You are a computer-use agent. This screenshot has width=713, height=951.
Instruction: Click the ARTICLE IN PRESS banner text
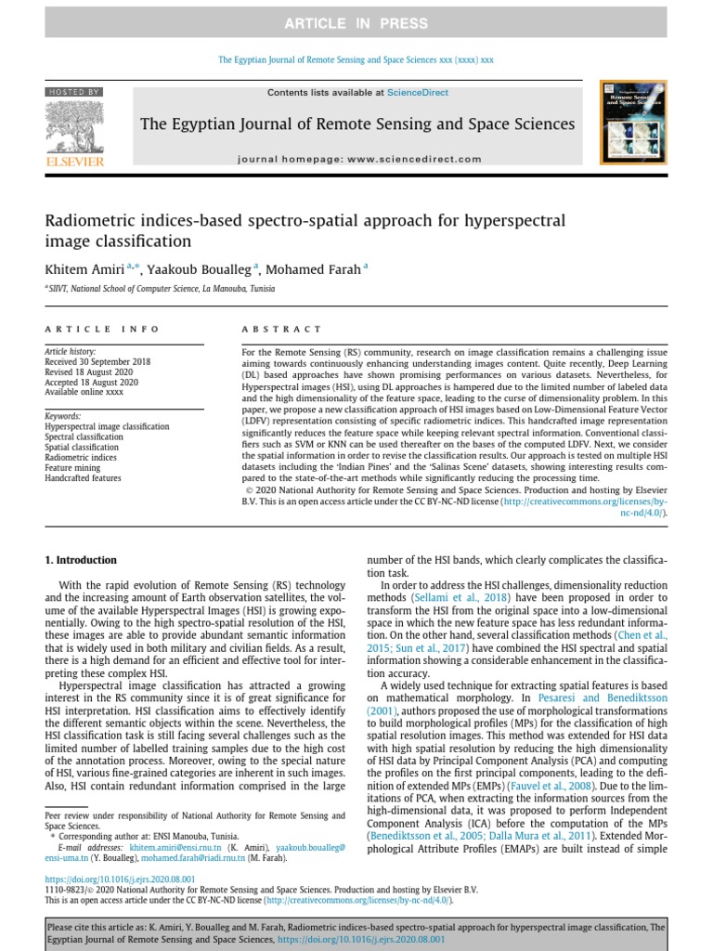click(x=356, y=23)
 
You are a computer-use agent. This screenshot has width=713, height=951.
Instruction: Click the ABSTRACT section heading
click(x=281, y=329)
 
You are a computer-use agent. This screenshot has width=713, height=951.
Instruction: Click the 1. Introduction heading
click(x=82, y=560)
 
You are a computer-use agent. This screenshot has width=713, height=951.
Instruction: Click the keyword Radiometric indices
click(x=81, y=458)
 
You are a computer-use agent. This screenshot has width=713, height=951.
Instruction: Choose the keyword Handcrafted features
click(x=83, y=478)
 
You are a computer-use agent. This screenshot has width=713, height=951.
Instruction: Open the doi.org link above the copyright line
click(x=120, y=878)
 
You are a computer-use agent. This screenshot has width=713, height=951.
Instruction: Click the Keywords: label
click(x=63, y=416)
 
